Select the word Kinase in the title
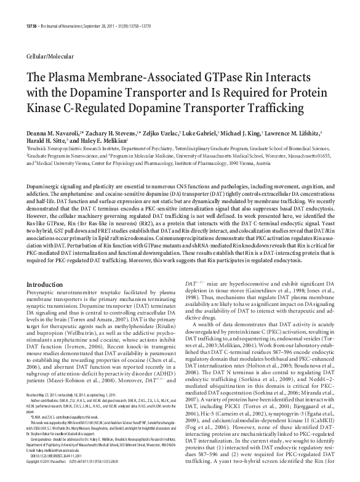click(47, 108)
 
